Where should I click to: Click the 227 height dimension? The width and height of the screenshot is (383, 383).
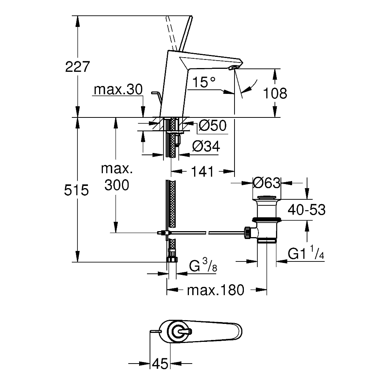coord(77,67)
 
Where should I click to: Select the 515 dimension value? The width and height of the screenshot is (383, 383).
coord(76,190)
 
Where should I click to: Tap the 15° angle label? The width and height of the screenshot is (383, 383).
coord(204,82)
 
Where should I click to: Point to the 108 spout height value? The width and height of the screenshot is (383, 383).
coord(275,93)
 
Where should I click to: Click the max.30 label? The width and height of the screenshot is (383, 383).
coord(118,90)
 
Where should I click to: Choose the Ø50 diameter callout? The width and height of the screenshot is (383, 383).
coord(212,126)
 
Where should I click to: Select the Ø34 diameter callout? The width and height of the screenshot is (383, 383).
coord(206,146)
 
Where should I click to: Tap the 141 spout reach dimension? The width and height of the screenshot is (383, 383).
coord(202,171)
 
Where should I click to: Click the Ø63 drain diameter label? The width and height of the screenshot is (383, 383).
coord(266,183)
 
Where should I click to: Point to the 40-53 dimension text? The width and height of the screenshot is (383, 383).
coord(307,210)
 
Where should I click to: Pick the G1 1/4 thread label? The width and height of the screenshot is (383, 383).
coord(306,252)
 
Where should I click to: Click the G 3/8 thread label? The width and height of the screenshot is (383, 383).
coord(203,266)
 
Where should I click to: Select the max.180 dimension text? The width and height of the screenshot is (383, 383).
coord(216,290)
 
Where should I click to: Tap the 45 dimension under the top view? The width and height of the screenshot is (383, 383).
coord(160,364)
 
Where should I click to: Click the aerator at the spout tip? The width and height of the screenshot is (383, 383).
coord(234,68)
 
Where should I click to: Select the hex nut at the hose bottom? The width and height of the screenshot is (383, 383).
coord(172,259)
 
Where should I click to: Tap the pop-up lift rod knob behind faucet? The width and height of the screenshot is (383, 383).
coord(155,93)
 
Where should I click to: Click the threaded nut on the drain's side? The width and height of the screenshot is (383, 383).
coord(247,232)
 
